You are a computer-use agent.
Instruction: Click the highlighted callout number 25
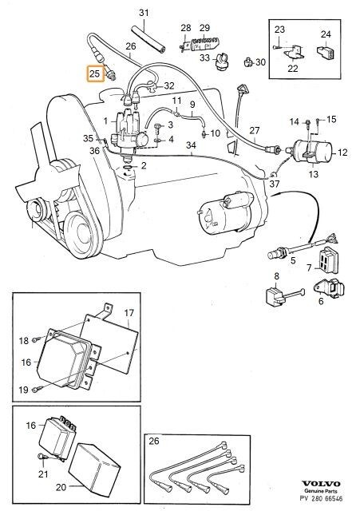click(94, 73)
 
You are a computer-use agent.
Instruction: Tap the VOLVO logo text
click(321, 484)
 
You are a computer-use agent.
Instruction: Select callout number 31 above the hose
click(144, 13)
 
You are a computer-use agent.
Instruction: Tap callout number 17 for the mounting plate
click(129, 312)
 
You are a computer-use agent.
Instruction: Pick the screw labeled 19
click(37, 390)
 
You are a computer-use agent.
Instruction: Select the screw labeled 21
click(43, 457)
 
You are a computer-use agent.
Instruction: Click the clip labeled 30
click(249, 61)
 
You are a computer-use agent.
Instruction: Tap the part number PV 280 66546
click(321, 499)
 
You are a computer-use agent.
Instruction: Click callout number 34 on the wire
click(191, 145)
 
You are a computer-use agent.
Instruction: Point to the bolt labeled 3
click(158, 127)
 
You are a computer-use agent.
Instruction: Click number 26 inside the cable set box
click(154, 441)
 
